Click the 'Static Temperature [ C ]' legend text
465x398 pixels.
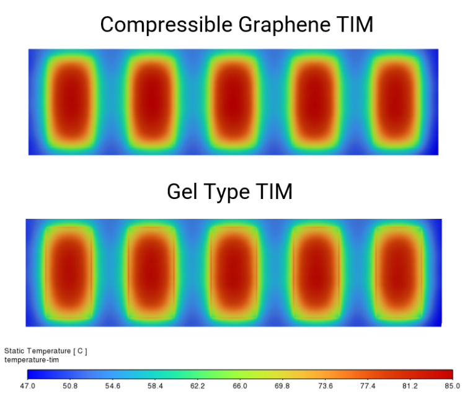point(46,351)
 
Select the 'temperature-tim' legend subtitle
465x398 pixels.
point(31,360)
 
